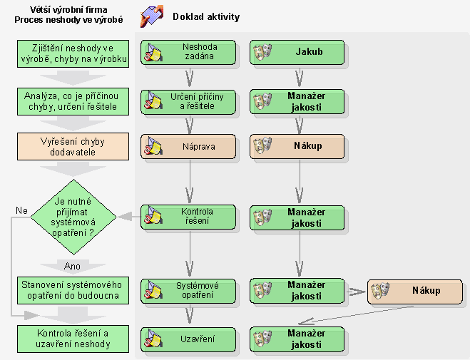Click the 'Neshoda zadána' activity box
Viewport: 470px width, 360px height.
pyautogui.click(x=188, y=51)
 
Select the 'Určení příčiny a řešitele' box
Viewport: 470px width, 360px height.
pyautogui.click(x=188, y=101)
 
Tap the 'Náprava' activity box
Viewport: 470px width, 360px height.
pyautogui.click(x=188, y=146)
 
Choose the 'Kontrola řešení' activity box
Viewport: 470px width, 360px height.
pyautogui.click(x=188, y=217)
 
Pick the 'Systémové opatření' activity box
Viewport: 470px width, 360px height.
pyautogui.click(x=188, y=290)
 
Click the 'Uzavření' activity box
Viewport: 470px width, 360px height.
pyautogui.click(x=188, y=339)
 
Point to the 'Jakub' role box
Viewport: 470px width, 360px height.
pyautogui.click(x=297, y=51)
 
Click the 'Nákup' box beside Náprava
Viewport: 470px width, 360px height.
pyautogui.click(x=297, y=146)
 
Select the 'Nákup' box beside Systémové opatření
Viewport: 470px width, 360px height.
pyautogui.click(x=414, y=290)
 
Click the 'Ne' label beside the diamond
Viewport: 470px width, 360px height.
pyautogui.click(x=22, y=210)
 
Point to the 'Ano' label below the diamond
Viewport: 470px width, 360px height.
pyautogui.click(x=73, y=265)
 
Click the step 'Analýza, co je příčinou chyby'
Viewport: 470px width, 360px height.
pyautogui.click(x=74, y=101)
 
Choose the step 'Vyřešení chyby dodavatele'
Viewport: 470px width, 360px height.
pyautogui.click(x=74, y=146)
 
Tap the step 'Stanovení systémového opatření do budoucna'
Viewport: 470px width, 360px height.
pyautogui.click(x=74, y=290)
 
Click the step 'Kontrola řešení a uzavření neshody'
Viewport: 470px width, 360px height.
pyautogui.click(x=74, y=339)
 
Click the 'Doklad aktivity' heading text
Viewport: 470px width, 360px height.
pyautogui.click(x=206, y=16)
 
